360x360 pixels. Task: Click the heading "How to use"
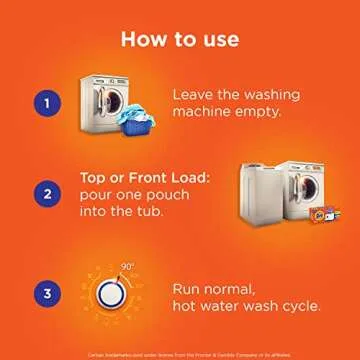click(x=180, y=39)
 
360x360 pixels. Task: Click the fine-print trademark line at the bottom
click(x=180, y=349)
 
